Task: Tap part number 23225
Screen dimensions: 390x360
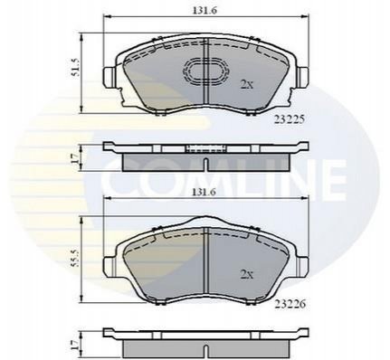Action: (290, 119)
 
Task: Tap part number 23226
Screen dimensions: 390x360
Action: (290, 304)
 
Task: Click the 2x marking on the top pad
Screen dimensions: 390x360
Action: (246, 85)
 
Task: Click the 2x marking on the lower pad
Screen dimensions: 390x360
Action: (246, 274)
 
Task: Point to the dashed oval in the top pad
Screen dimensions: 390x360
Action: (205, 71)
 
